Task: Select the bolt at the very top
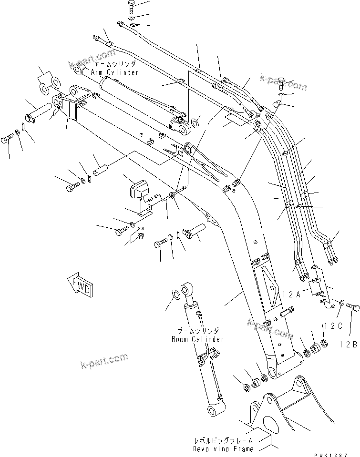[x=132, y=7]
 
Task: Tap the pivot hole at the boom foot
[x=272, y=373]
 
